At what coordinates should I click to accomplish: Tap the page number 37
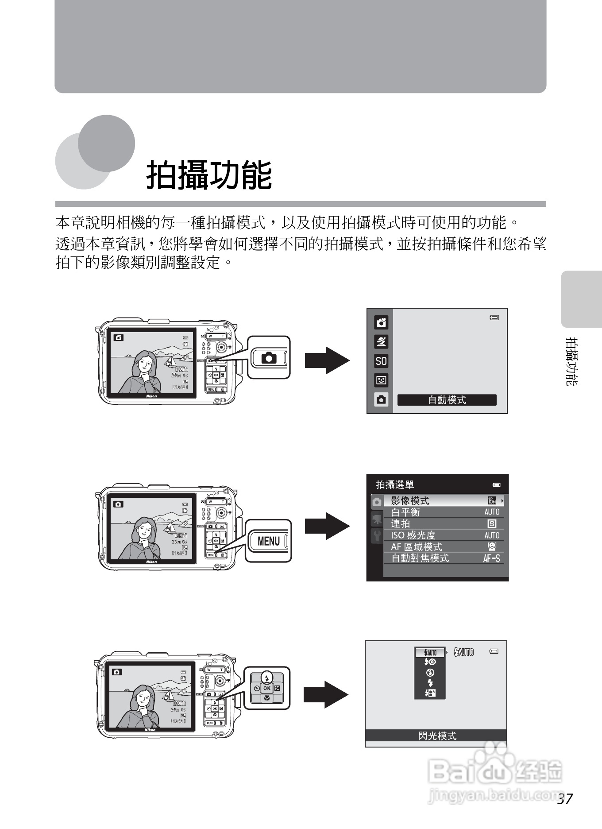point(565,798)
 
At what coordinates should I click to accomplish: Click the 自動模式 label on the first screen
point(447,400)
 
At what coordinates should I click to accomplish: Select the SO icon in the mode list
point(381,361)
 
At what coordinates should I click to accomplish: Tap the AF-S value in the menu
point(491,558)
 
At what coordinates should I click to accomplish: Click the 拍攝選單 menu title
point(395,484)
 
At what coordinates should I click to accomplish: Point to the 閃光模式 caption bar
point(436,736)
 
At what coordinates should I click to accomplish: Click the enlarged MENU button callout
point(269,541)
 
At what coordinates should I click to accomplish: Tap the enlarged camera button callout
point(269,357)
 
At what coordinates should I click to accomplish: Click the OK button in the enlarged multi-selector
point(266,688)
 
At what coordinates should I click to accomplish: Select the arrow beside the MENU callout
point(327,526)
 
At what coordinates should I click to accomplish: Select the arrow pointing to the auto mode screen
point(327,360)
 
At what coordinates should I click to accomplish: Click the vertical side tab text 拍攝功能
point(571,361)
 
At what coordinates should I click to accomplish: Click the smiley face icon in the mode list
point(381,380)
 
